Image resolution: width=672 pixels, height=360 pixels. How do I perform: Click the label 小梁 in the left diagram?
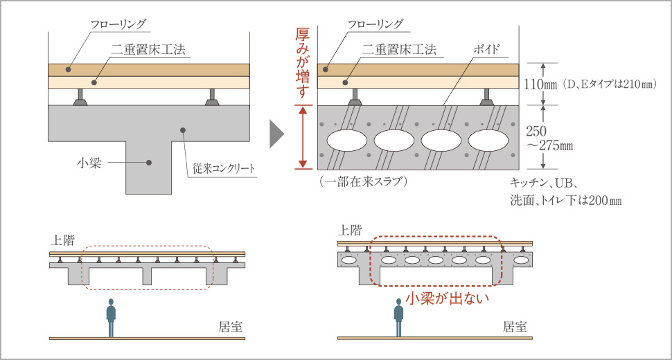[91, 163]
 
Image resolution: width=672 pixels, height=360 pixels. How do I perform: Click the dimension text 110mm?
[541, 84]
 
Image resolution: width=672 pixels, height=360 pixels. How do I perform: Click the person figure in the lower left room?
[111, 318]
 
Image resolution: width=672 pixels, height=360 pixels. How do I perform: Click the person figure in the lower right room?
[398, 318]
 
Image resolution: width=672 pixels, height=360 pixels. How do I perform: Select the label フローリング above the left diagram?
[118, 24]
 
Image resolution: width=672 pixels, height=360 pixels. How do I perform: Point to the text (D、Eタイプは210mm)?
[610, 84]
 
